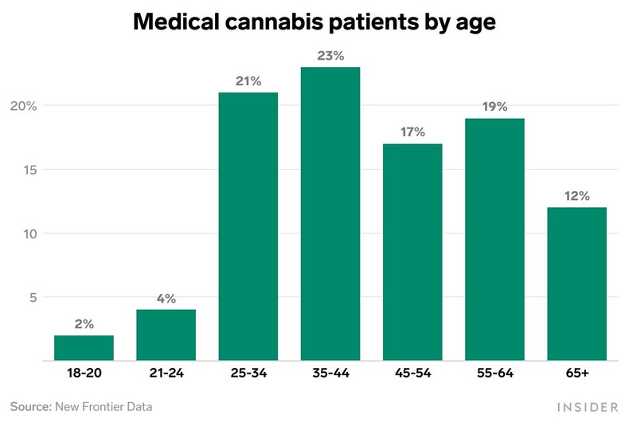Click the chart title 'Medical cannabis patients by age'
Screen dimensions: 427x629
314,22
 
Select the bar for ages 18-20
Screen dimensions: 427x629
84,348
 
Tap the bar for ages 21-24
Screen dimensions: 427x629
166,335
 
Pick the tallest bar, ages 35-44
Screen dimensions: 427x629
330,213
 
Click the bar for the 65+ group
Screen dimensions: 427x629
576,284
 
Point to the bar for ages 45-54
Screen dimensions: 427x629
412,252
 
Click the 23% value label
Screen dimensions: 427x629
330,56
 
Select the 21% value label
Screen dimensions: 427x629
248,81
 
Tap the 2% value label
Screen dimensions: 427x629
84,324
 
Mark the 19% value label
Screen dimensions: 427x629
494,107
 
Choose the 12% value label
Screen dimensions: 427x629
576,196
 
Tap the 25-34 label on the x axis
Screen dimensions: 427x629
248,373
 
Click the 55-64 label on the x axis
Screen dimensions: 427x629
494,373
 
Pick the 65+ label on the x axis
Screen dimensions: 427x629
576,373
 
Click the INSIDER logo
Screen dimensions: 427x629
587,407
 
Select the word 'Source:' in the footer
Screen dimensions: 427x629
30,407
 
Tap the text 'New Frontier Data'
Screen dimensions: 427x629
103,407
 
